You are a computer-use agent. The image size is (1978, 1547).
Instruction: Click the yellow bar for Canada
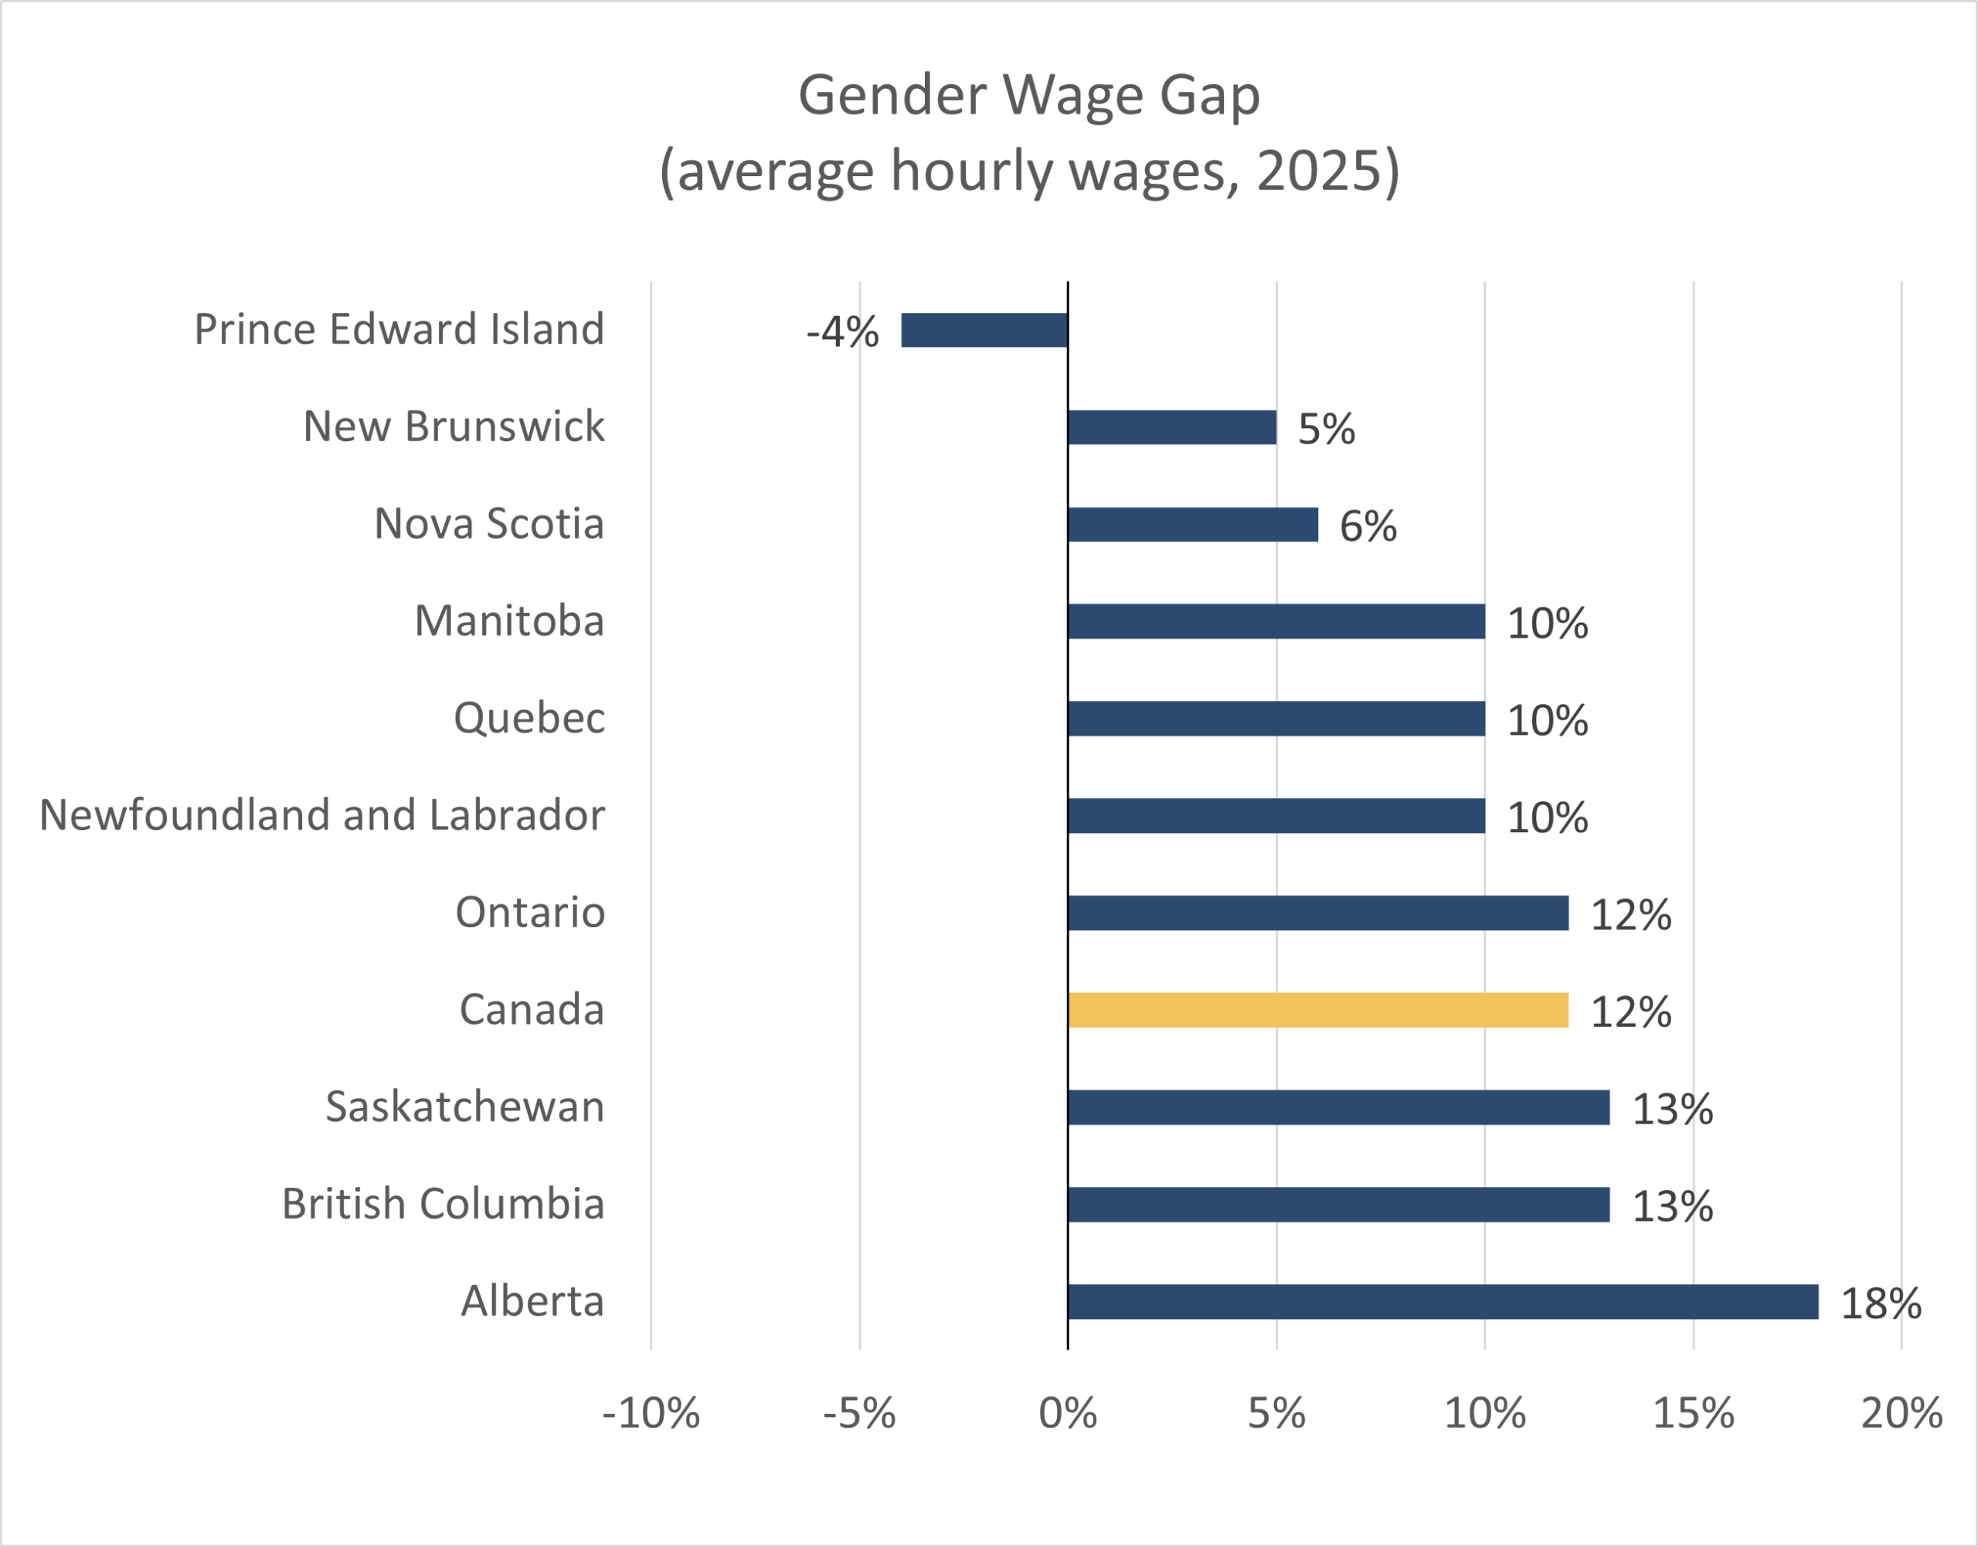click(1317, 1010)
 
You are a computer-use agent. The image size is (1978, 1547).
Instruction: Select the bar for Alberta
click(1443, 1301)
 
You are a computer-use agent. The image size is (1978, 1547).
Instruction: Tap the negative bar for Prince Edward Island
click(984, 330)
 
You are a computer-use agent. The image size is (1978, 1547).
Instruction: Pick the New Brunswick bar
click(1172, 427)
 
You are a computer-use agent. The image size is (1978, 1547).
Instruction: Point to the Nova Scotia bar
click(1193, 525)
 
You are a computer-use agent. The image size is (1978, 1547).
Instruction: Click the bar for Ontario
click(1317, 913)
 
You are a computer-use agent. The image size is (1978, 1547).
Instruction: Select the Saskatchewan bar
click(1338, 1107)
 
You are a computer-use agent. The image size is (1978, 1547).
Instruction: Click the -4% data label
click(842, 332)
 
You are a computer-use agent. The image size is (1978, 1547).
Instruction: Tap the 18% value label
click(1881, 1304)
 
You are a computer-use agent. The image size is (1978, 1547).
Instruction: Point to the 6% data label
click(1368, 527)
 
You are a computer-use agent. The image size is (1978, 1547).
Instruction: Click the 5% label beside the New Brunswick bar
click(1326, 430)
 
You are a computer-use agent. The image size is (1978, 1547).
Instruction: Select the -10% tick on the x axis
click(651, 1414)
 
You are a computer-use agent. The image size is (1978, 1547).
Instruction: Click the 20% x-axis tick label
click(1901, 1414)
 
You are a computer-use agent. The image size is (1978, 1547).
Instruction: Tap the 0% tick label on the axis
click(1068, 1414)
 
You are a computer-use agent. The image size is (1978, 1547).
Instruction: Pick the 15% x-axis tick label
click(1693, 1414)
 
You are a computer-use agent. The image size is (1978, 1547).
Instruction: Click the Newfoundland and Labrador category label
click(322, 815)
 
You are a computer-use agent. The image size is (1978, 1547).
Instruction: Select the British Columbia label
click(443, 1204)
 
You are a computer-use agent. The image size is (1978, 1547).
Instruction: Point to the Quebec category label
click(529, 719)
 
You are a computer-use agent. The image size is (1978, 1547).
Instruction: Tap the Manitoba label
click(509, 621)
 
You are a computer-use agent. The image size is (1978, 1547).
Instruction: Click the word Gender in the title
click(892, 96)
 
